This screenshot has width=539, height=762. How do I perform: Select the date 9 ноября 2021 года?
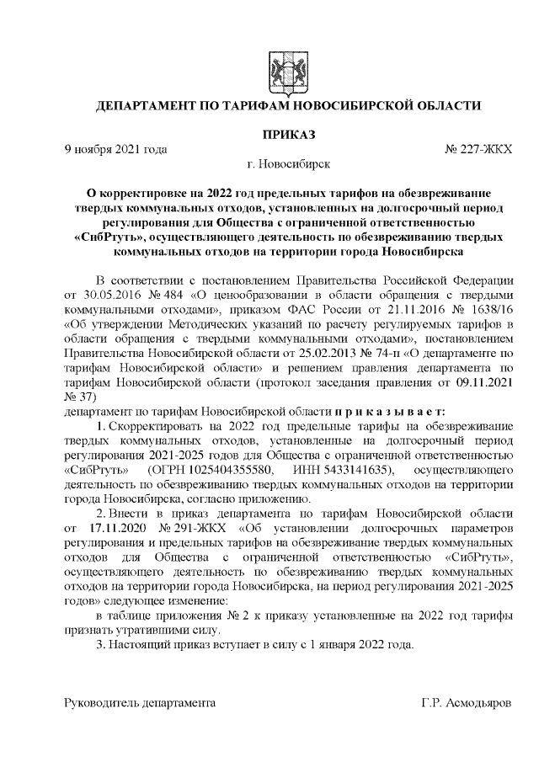[x=116, y=149]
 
